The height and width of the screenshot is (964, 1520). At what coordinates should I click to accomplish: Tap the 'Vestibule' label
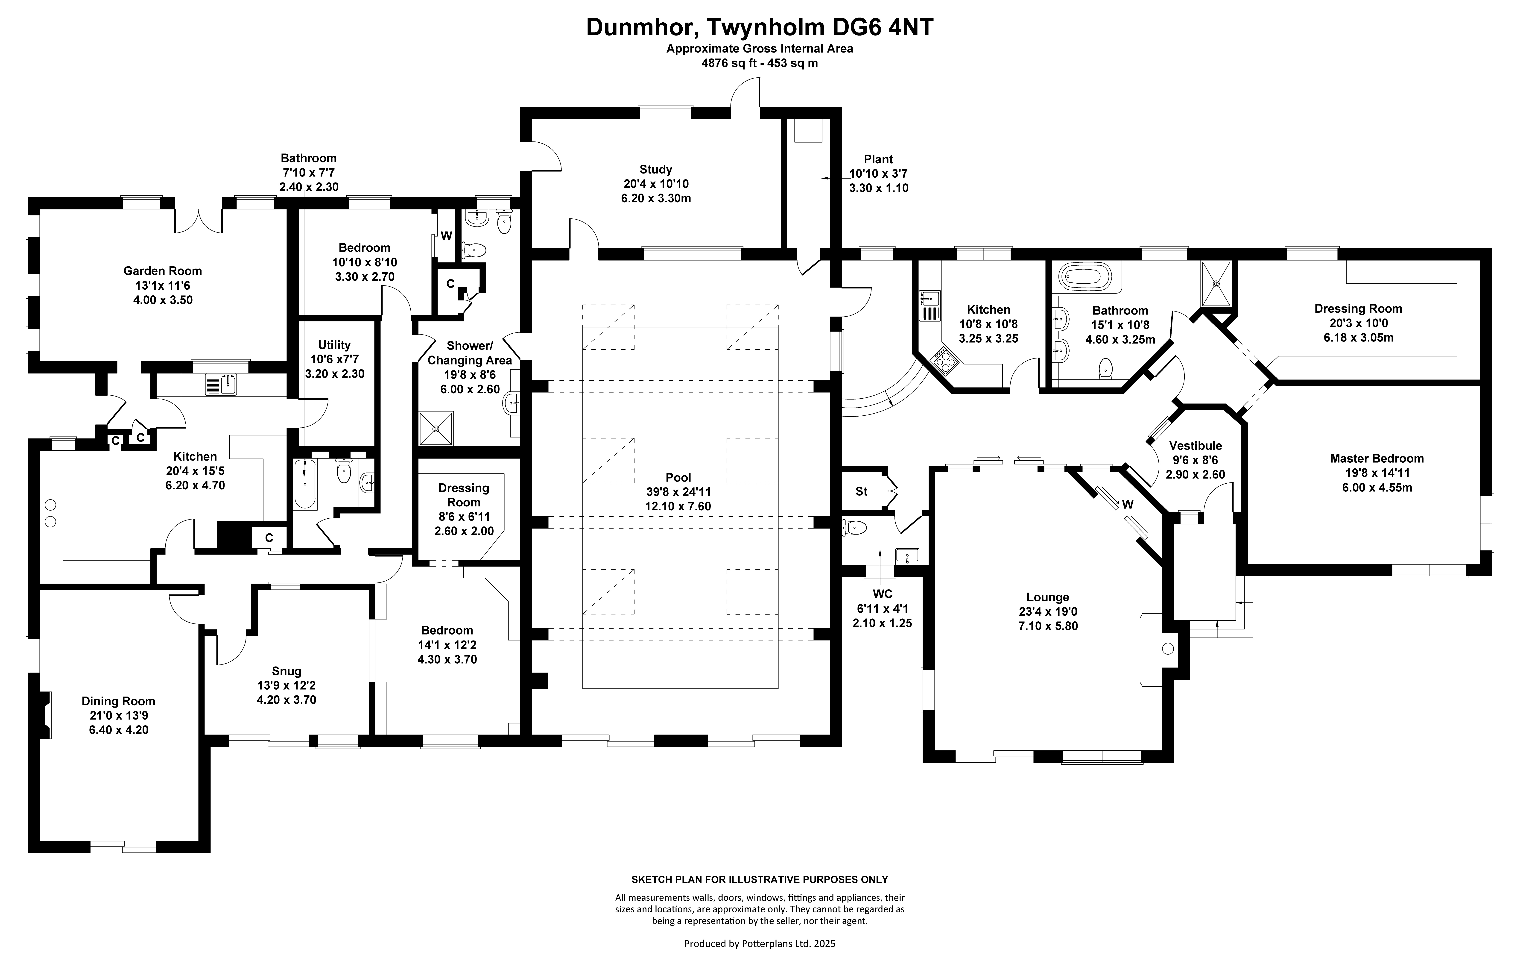pos(1195,446)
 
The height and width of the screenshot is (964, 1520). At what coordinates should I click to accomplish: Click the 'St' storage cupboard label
pos(861,491)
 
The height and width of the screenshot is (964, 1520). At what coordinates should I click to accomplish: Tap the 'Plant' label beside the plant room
pos(878,159)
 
